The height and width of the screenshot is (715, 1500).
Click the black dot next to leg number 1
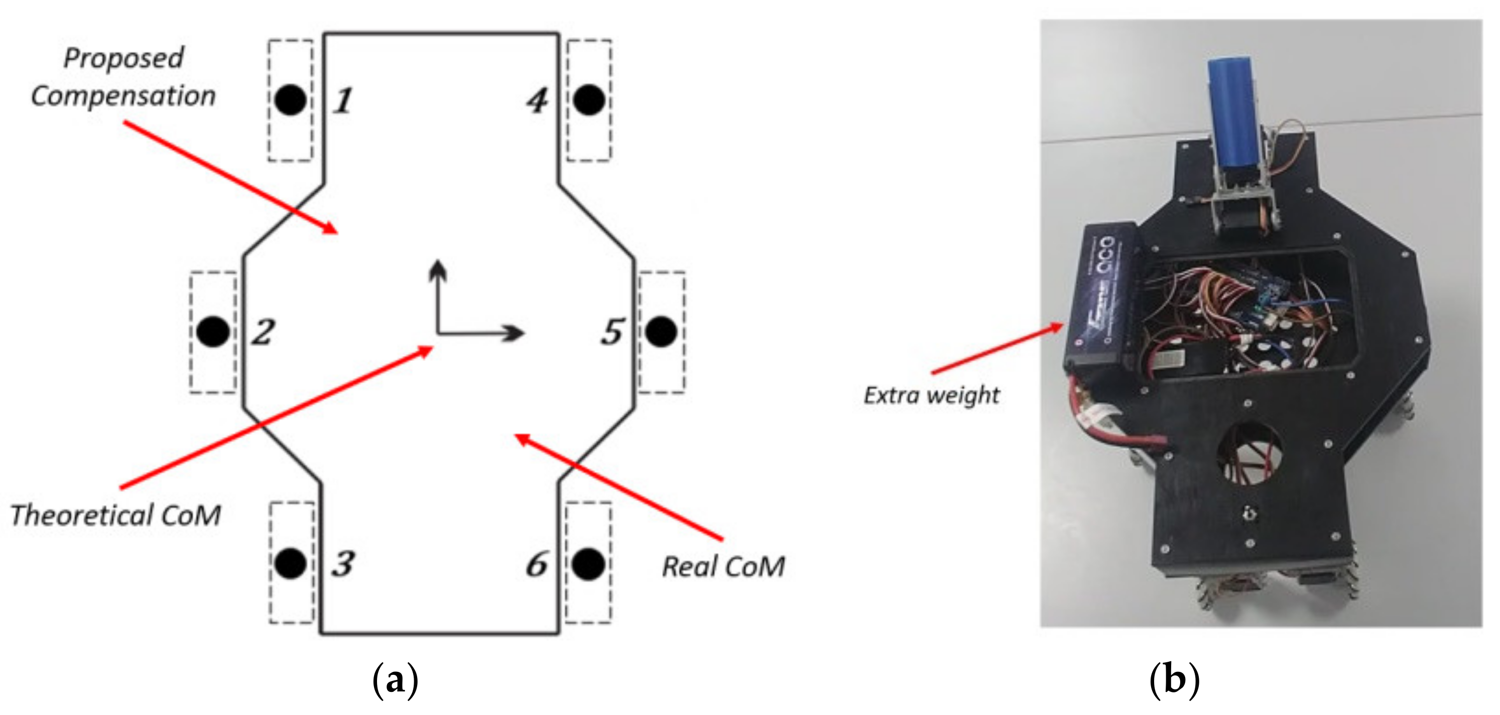pos(291,99)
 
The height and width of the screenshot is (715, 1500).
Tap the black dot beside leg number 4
pos(589,99)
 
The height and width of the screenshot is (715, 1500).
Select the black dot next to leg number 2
pos(213,331)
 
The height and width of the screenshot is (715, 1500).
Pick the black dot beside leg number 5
pos(662,331)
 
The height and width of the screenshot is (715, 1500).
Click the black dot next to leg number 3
pos(291,563)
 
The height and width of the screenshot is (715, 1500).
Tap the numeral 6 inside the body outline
pos(536,565)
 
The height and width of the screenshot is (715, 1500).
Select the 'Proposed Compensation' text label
pos(123,77)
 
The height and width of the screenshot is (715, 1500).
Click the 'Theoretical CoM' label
pos(116,515)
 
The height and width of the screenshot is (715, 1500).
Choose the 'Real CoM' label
pos(723,566)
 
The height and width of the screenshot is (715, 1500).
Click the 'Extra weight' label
pos(931,395)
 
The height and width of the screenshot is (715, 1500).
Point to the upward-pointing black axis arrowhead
pos(438,270)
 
